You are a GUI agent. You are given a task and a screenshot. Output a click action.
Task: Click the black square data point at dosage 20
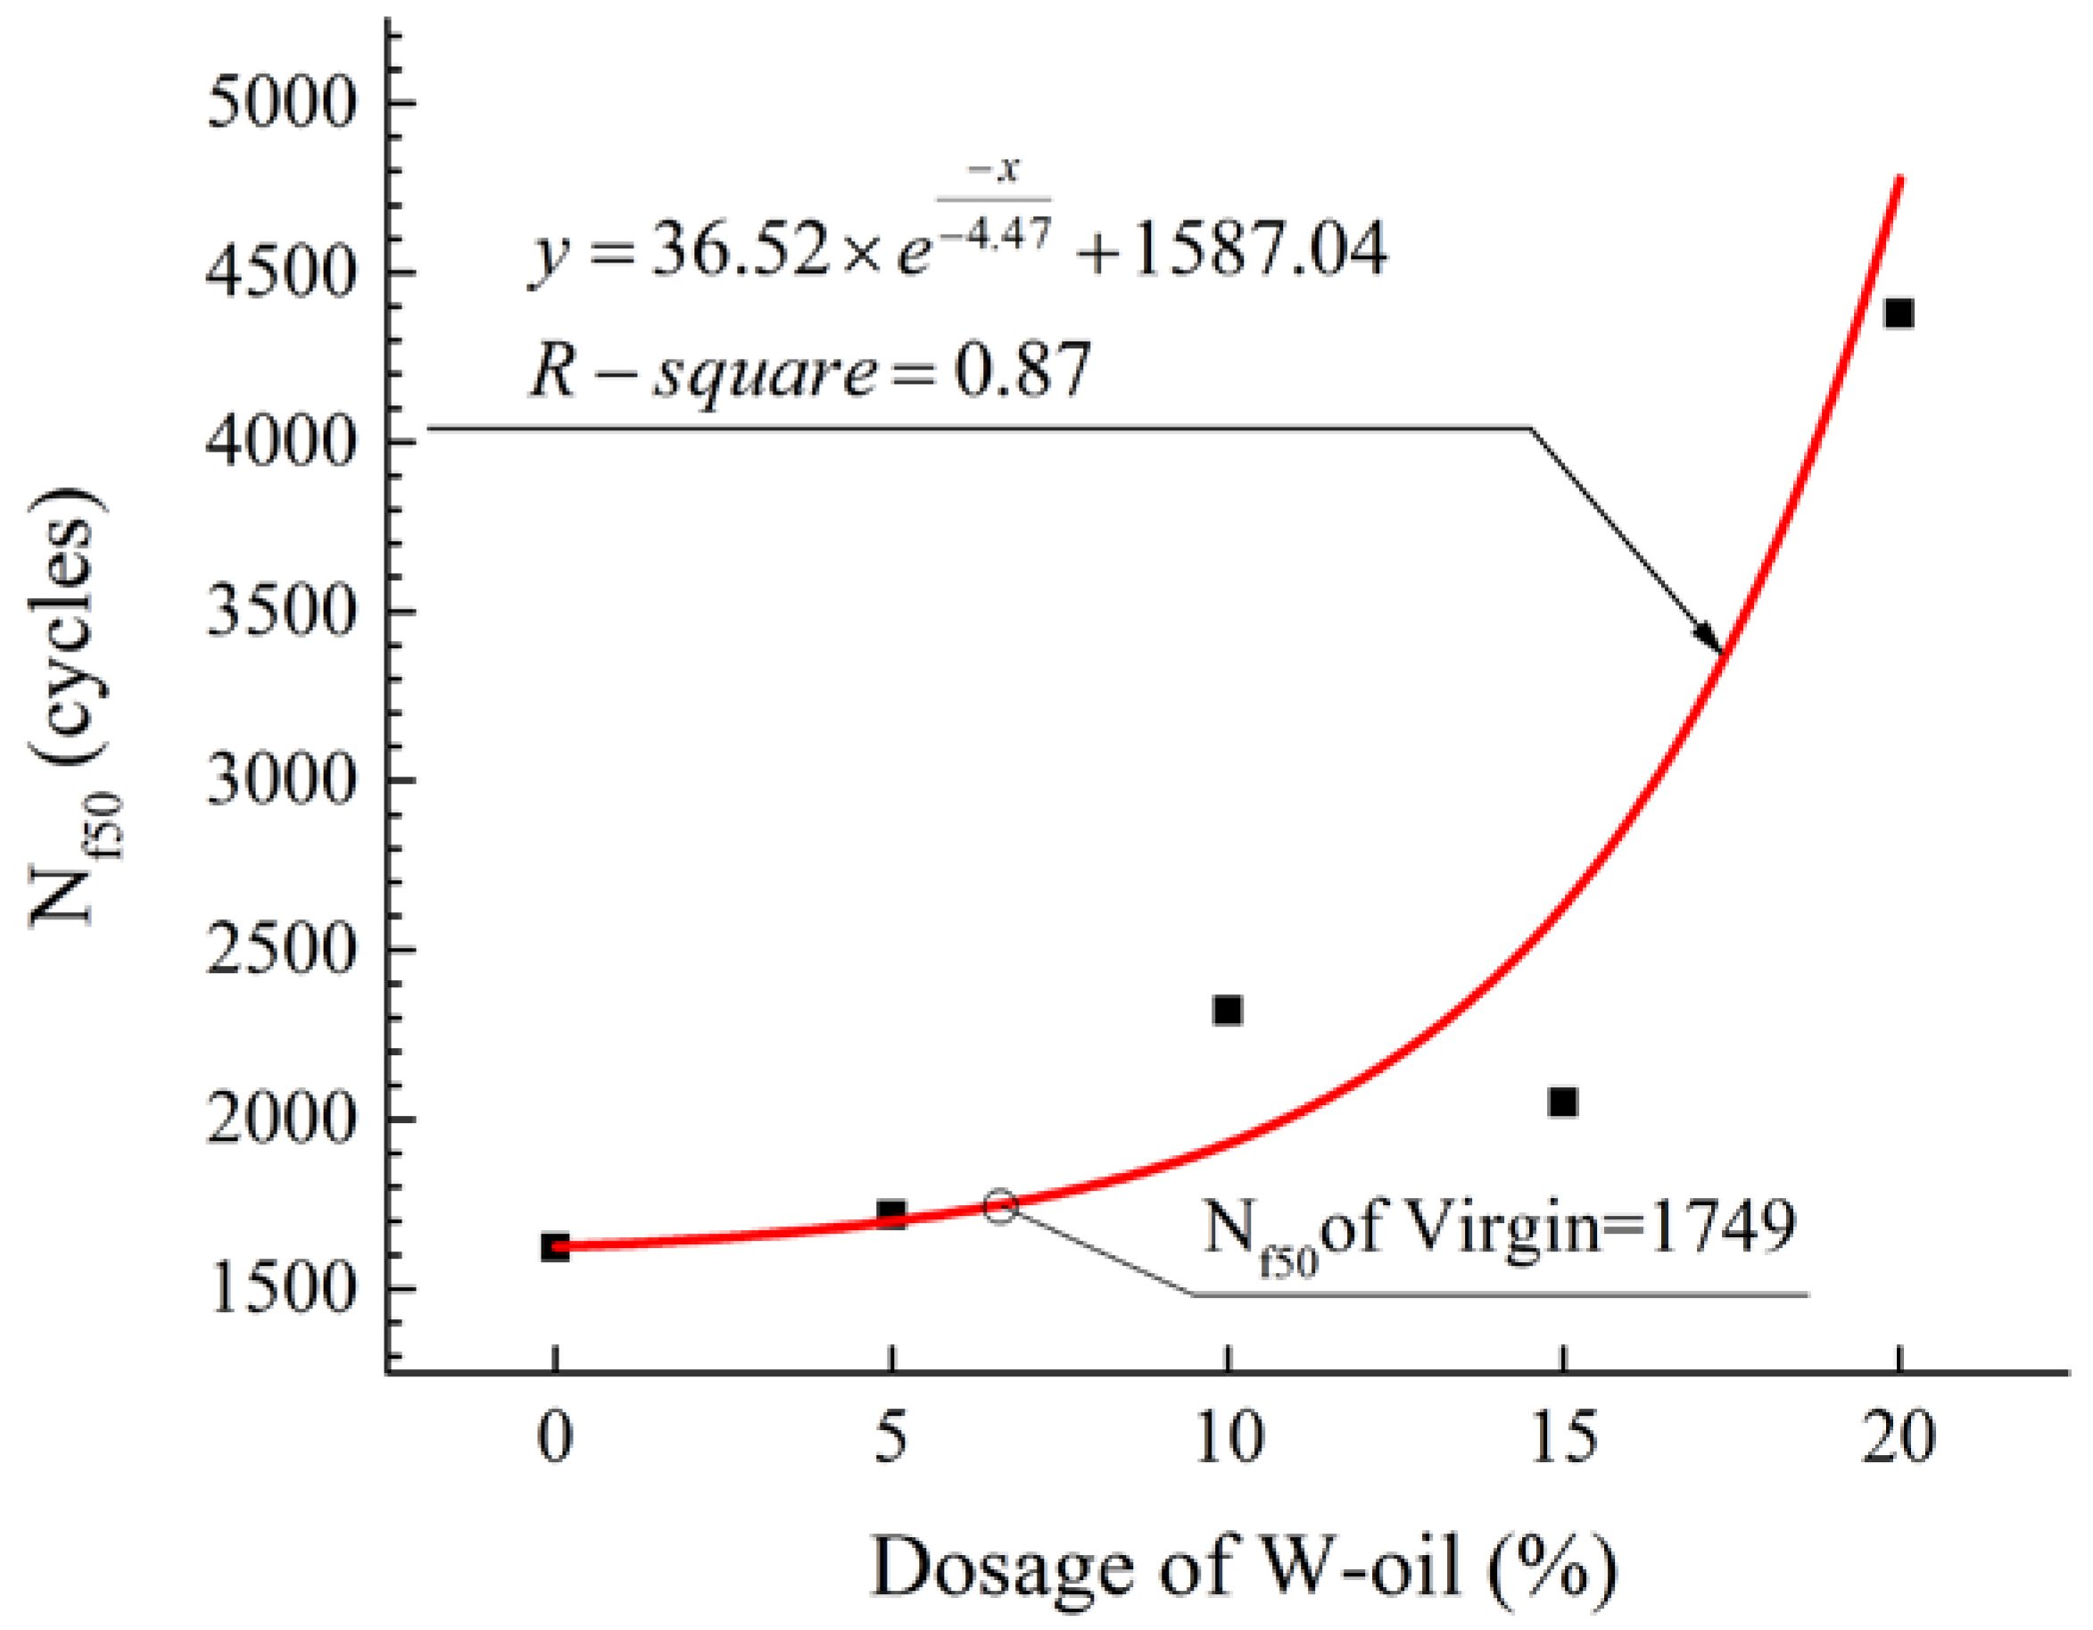pos(1899,313)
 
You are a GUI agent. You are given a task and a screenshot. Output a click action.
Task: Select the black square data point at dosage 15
pos(1563,1102)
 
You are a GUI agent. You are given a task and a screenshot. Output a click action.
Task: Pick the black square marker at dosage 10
pos(1228,1010)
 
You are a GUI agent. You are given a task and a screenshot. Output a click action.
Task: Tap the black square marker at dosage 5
pos(891,1214)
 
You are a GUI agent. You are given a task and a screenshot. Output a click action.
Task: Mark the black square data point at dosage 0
pos(555,1247)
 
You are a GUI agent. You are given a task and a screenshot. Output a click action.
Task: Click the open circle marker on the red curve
pos(1000,1206)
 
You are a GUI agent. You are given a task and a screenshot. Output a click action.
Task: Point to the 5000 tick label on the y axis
pos(281,103)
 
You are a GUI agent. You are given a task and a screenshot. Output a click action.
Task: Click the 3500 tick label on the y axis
pos(281,611)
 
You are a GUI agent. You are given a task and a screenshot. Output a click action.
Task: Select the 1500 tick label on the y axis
pos(281,1289)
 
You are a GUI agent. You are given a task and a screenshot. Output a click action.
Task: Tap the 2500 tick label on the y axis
pos(281,949)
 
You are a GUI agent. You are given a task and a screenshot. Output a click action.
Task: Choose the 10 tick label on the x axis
pos(1228,1438)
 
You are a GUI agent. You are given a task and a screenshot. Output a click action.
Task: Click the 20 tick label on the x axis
pos(1899,1438)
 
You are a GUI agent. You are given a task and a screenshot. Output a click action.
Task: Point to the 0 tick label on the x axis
pos(555,1438)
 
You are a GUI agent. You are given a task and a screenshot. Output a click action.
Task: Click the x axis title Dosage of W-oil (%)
pos(1244,1567)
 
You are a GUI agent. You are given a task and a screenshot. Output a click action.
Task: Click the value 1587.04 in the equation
pos(1259,249)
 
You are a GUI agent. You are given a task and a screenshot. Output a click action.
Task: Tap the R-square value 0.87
pos(1022,370)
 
